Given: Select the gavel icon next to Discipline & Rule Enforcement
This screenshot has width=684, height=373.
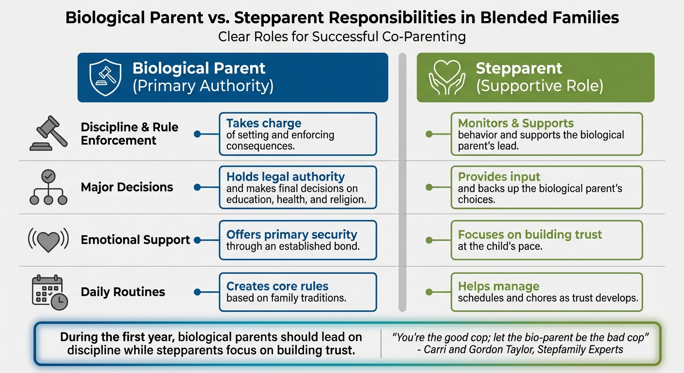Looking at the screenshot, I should (49, 134).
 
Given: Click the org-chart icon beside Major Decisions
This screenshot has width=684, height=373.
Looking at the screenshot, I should (49, 187).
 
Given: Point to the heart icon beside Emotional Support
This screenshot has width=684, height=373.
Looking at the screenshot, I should (49, 240).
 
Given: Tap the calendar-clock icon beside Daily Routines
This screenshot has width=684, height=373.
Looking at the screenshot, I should (49, 292).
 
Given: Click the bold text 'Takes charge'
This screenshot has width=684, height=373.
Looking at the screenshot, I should (264, 123).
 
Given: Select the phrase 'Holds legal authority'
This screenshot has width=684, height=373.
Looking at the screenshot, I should (285, 177).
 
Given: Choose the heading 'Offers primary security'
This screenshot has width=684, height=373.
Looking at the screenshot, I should (291, 235).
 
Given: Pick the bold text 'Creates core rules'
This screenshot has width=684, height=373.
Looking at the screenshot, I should (277, 286).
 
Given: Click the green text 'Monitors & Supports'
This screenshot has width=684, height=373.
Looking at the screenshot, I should (516, 123).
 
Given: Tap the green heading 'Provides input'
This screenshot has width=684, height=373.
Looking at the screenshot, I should (499, 177).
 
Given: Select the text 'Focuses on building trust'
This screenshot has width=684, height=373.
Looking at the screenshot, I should (530, 235).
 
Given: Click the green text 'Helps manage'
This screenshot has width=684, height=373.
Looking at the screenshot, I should (498, 286).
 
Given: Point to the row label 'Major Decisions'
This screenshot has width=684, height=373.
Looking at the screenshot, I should (127, 187).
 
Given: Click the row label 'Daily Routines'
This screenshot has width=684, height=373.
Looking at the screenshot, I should (123, 292).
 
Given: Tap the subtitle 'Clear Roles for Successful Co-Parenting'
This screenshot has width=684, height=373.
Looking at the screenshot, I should (342, 37).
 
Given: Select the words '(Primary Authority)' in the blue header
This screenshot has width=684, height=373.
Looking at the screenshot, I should (203, 86).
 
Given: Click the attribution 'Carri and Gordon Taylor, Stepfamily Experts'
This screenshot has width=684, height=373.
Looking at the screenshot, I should (521, 349).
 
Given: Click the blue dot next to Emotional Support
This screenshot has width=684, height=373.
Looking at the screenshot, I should (197, 239).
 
